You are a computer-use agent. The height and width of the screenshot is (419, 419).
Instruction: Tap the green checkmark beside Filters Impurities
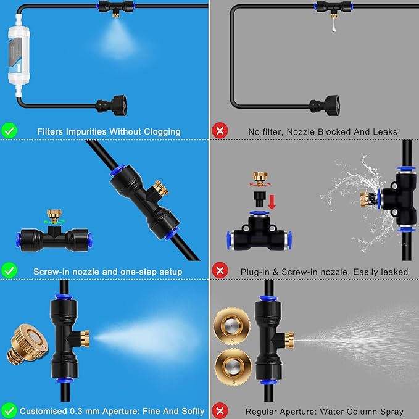click(x=9, y=130)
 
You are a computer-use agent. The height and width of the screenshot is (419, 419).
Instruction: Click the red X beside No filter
click(x=218, y=130)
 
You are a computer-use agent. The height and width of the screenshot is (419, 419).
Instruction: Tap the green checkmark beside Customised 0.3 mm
click(x=9, y=410)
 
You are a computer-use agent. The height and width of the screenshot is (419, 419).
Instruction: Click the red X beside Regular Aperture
click(x=218, y=410)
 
